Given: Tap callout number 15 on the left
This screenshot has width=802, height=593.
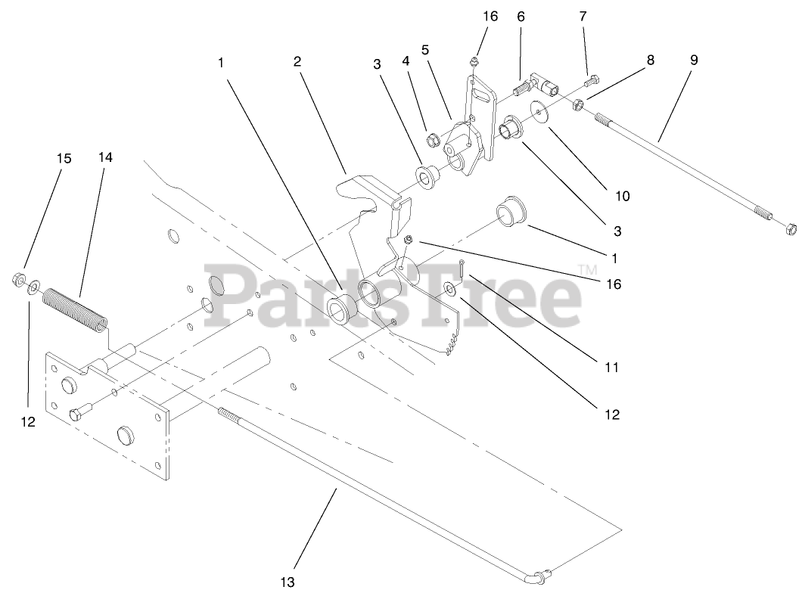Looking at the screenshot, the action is pyautogui.click(x=64, y=158).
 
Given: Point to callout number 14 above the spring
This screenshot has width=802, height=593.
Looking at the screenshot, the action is pyautogui.click(x=104, y=158).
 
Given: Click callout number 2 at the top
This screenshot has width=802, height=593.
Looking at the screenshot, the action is pyautogui.click(x=297, y=61).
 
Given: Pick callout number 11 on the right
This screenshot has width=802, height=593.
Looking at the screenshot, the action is pyautogui.click(x=612, y=368).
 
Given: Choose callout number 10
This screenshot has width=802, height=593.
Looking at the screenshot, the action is pyautogui.click(x=621, y=196).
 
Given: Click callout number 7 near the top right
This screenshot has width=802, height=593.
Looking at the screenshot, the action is pyautogui.click(x=583, y=16).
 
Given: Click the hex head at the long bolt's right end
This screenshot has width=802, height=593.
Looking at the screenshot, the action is pyautogui.click(x=790, y=227).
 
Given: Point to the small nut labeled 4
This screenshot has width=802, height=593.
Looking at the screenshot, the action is pyautogui.click(x=434, y=139).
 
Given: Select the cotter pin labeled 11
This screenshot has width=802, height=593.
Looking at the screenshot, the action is pyautogui.click(x=464, y=269).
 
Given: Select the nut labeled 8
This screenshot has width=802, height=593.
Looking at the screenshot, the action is pyautogui.click(x=576, y=104).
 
